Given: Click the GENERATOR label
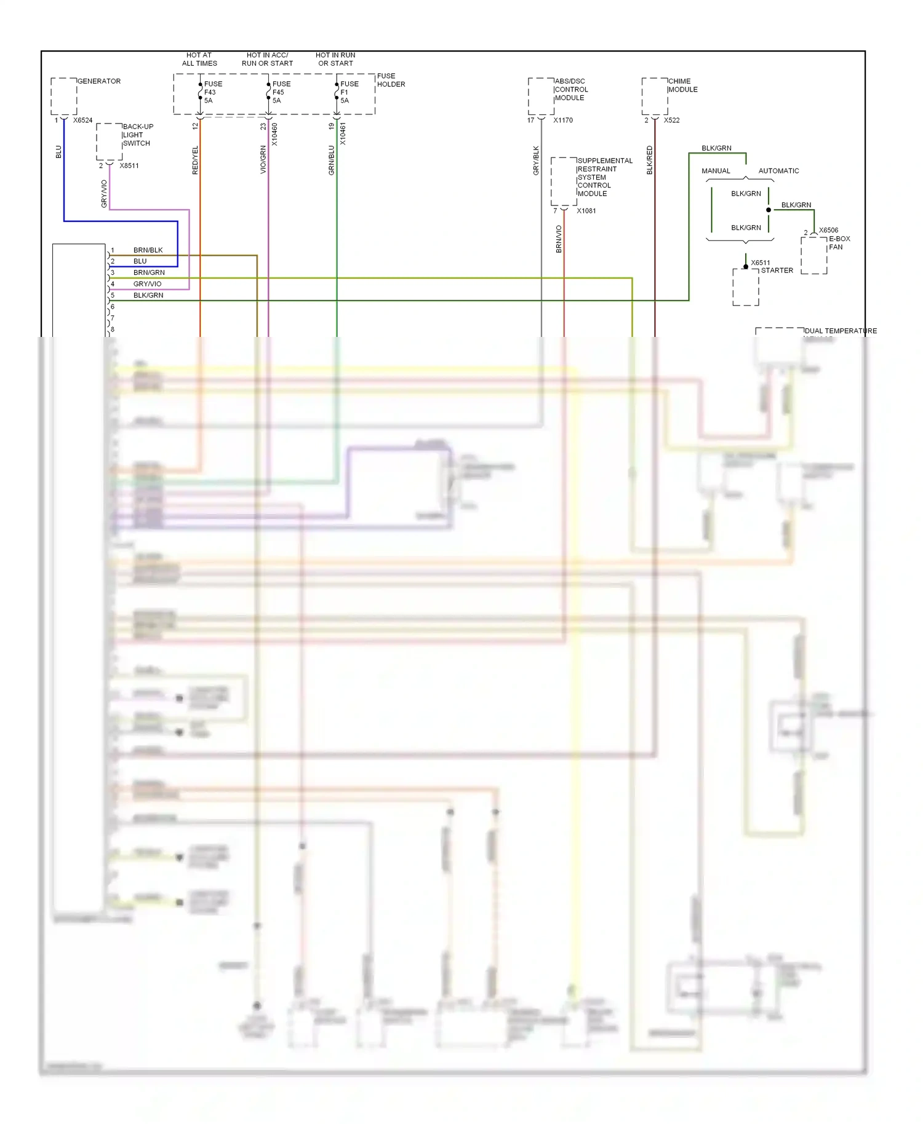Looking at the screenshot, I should point(98,81).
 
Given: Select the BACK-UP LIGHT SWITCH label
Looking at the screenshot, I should point(137,135).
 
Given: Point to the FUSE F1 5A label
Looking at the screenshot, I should point(348,92).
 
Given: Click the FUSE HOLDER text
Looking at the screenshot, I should point(391,80).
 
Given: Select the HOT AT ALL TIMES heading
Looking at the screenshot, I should point(199,59).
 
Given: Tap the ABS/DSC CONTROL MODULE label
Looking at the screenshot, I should point(570,90).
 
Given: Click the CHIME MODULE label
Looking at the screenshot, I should point(682,85).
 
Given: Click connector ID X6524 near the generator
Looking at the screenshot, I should point(82,121).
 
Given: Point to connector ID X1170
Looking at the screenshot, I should point(562,121).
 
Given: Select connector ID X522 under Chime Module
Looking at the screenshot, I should point(671,121).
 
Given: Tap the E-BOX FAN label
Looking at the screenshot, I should point(839,243).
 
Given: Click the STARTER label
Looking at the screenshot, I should point(777,271).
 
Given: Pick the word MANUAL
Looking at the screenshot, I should point(716,171).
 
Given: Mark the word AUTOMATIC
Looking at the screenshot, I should point(778,171).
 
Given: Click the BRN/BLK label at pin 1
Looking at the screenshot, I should point(148,250).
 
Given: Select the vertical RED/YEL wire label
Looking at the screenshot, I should point(195,160).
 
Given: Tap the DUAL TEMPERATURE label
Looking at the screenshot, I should point(840,331).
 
